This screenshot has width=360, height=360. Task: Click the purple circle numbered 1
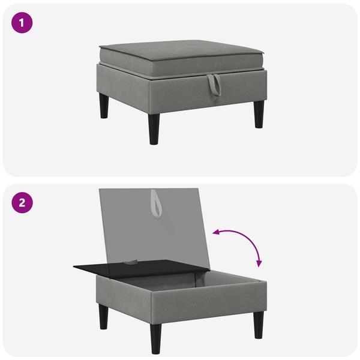point(22,23)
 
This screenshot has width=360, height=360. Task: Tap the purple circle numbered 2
point(22,203)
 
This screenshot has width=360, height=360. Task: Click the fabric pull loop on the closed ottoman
point(214,85)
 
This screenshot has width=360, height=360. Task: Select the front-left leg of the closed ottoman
point(154,129)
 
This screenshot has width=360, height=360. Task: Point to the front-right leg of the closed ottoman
point(259,114)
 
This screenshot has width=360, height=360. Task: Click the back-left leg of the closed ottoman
point(104,105)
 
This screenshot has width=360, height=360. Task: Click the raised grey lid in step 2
point(154,227)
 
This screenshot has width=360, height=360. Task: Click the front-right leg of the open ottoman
point(259,325)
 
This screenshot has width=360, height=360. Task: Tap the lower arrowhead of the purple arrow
point(259,263)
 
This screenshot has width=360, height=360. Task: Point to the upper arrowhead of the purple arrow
point(215,233)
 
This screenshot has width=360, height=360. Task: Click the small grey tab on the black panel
point(131,262)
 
